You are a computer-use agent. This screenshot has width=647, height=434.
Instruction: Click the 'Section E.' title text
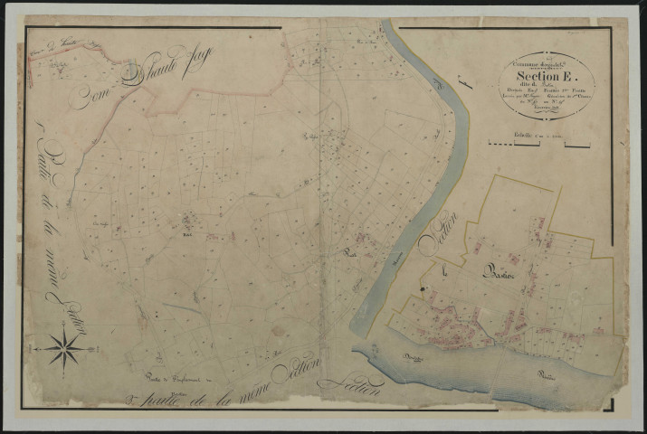542,77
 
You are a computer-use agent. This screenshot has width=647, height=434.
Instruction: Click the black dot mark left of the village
423,289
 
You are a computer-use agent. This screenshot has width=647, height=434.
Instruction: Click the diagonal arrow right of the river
468,85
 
